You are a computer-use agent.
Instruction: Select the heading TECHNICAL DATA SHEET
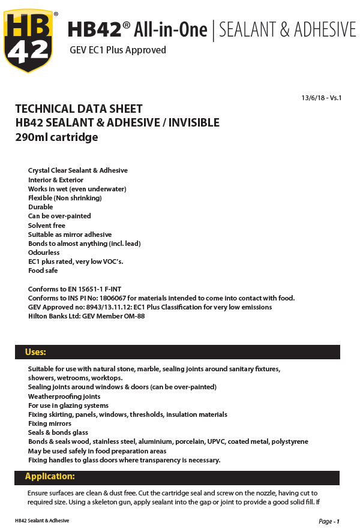(x=79, y=109)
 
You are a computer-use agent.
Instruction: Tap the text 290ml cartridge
(x=56, y=137)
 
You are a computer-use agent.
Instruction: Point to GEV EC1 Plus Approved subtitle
(x=118, y=50)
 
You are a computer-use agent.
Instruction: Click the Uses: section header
(x=35, y=352)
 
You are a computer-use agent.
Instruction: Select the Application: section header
(x=50, y=477)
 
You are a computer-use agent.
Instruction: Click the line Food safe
(x=43, y=270)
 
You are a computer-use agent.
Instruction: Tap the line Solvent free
(x=47, y=226)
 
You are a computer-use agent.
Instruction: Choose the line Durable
(x=40, y=207)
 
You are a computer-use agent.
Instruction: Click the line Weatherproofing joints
(x=64, y=396)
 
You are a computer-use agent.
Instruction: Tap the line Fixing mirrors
(x=50, y=423)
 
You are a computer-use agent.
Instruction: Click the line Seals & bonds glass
(x=58, y=432)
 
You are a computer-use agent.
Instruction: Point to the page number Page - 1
(x=329, y=521)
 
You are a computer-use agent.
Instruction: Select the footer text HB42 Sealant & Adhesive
(x=42, y=521)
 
